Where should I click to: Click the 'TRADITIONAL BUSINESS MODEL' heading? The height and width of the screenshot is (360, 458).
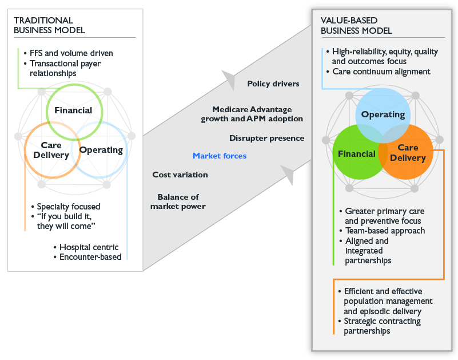coord(50,25)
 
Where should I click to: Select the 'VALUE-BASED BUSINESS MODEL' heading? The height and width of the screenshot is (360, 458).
coord(356,25)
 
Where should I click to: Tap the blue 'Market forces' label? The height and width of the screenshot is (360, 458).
coord(220,156)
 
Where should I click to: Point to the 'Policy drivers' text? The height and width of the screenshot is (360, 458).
coord(273,84)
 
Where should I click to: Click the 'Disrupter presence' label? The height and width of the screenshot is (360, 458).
coord(266,138)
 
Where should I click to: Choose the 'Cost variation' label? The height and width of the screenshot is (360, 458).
coord(180,175)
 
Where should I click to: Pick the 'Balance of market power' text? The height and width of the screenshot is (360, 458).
coord(178,201)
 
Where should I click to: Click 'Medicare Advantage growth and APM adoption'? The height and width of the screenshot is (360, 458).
coord(252,114)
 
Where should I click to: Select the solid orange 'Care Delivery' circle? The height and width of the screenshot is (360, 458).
coord(411,153)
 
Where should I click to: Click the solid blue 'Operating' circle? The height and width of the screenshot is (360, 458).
coord(383,114)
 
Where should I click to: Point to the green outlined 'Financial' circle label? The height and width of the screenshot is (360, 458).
coord(73,110)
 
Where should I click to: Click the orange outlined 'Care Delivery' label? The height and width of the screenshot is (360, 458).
coord(51,151)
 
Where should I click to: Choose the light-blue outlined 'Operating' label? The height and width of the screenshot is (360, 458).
coord(101,151)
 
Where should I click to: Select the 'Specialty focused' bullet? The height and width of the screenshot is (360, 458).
coord(69,207)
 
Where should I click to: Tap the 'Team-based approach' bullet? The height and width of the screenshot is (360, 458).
coord(380,231)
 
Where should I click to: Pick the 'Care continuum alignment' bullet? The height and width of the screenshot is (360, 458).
coord(381,72)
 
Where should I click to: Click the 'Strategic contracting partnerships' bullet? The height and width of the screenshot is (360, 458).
coord(382,326)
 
